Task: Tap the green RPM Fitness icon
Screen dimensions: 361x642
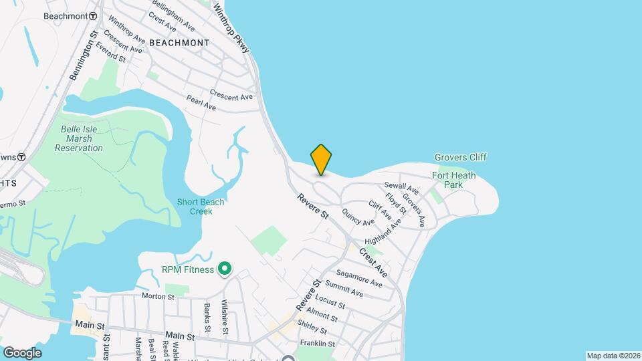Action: pyautogui.click(x=225, y=269)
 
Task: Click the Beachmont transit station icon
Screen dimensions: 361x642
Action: pyautogui.click(x=93, y=15)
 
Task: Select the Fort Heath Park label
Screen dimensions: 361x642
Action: pyautogui.click(x=454, y=180)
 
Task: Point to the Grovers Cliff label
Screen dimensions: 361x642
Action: pyautogui.click(x=460, y=157)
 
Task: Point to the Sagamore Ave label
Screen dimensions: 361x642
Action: pyautogui.click(x=359, y=279)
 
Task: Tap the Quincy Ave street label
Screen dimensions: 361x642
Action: pyautogui.click(x=358, y=217)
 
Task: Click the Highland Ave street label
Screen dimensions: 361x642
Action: pyautogui.click(x=383, y=233)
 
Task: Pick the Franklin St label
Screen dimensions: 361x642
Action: pyautogui.click(x=317, y=344)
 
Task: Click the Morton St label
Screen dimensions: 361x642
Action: pyautogui.click(x=158, y=295)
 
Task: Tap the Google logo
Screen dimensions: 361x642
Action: pyautogui.click(x=22, y=352)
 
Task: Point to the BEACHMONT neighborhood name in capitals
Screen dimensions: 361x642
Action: pyautogui.click(x=179, y=42)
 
